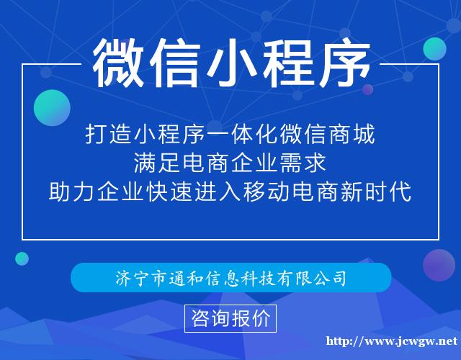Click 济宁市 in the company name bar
pos(135,277)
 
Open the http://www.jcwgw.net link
pos(393,341)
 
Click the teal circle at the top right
pos(434,48)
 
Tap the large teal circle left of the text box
pos(52,108)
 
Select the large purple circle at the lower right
pos(439,265)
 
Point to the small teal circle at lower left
pos(22,258)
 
